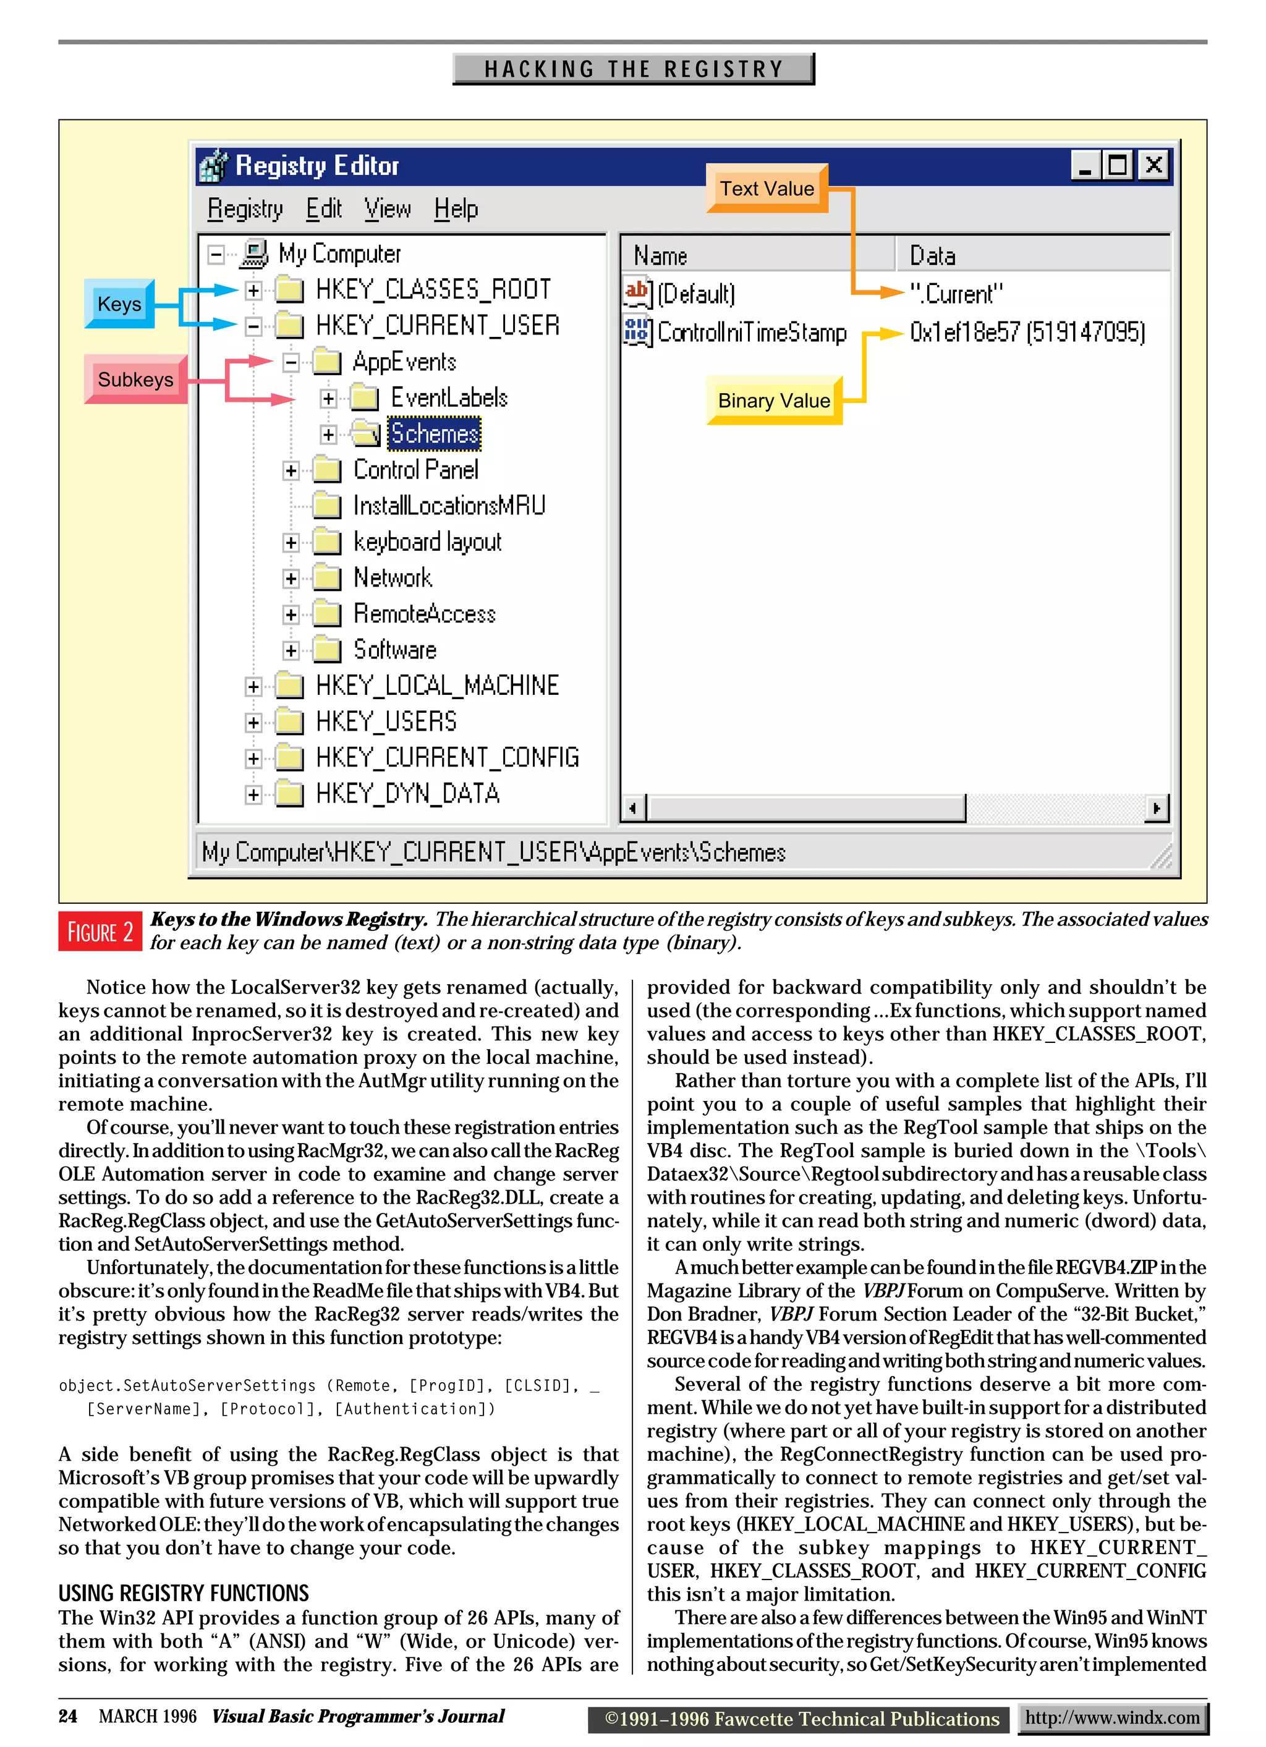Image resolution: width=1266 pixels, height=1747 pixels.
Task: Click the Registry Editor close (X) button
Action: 1153,165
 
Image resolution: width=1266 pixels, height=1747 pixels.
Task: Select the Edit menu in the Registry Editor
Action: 323,209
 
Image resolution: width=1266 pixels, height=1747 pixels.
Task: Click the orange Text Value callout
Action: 767,189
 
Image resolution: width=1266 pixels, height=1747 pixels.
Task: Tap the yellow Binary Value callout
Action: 774,401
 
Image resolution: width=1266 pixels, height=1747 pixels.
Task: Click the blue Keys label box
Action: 119,304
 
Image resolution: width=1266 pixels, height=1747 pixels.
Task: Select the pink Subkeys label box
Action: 135,379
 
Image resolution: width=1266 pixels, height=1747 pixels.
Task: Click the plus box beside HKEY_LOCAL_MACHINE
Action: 253,686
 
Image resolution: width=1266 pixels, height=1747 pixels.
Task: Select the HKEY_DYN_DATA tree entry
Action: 407,793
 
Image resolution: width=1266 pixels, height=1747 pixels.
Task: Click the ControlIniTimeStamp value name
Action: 751,332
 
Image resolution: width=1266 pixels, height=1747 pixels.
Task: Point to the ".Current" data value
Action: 956,294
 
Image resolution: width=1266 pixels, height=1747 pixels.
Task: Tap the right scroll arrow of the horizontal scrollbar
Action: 1156,808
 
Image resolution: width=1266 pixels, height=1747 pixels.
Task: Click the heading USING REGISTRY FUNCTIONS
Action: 183,1593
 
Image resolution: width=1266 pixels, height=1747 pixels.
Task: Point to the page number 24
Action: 68,1716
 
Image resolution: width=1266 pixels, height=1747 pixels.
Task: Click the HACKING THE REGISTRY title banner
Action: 633,69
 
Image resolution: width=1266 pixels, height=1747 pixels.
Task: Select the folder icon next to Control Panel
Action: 326,470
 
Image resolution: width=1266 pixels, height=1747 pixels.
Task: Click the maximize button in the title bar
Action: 1118,165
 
